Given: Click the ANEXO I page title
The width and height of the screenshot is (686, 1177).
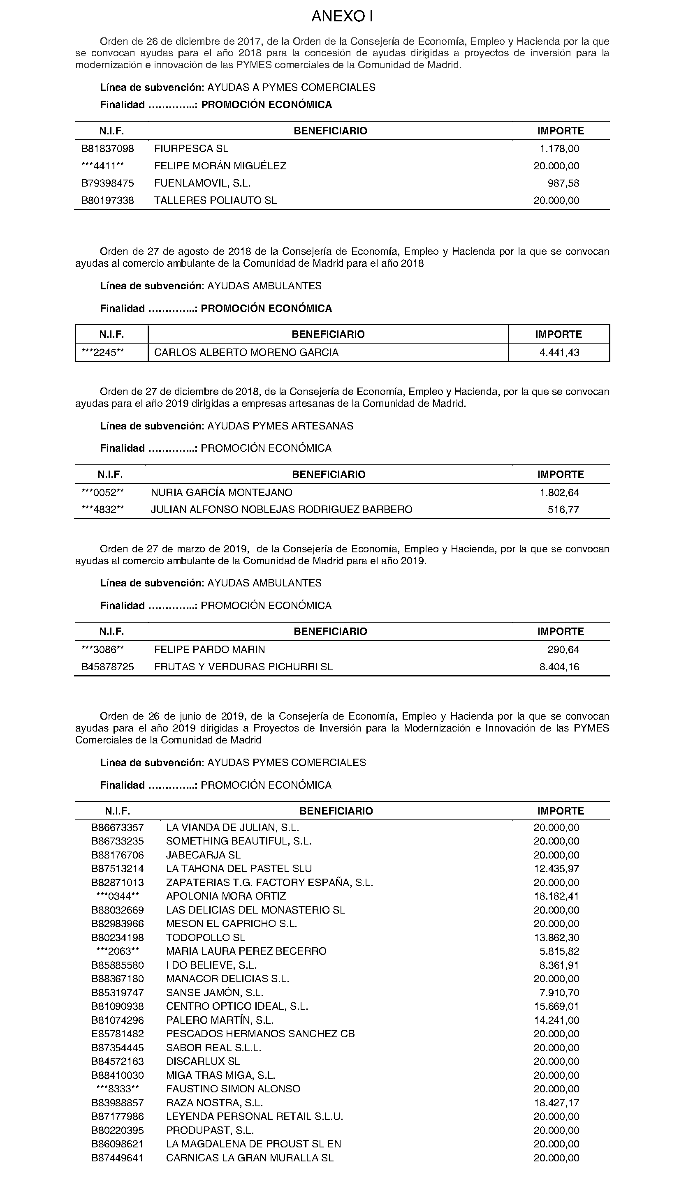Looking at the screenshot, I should (x=342, y=17).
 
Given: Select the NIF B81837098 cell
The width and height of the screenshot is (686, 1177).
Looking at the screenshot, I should (x=107, y=148).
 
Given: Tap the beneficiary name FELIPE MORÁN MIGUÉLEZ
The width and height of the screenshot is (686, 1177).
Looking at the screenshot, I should (x=220, y=166).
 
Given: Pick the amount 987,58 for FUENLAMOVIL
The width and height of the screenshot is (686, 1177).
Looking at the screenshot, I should (x=563, y=183).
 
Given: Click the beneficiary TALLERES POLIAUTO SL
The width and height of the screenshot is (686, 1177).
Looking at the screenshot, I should (x=216, y=201).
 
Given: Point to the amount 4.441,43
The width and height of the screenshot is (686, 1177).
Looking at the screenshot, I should (x=559, y=352).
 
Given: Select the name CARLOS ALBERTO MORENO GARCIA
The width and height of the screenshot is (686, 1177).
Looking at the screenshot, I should (x=246, y=352).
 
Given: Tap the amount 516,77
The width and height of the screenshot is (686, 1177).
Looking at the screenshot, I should (x=563, y=509).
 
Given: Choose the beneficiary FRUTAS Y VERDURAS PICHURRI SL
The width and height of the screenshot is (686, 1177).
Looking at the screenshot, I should (x=243, y=667).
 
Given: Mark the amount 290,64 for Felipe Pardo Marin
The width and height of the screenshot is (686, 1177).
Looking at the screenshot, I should (x=563, y=649).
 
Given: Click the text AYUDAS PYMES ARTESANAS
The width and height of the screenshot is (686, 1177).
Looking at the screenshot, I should (x=280, y=426).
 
